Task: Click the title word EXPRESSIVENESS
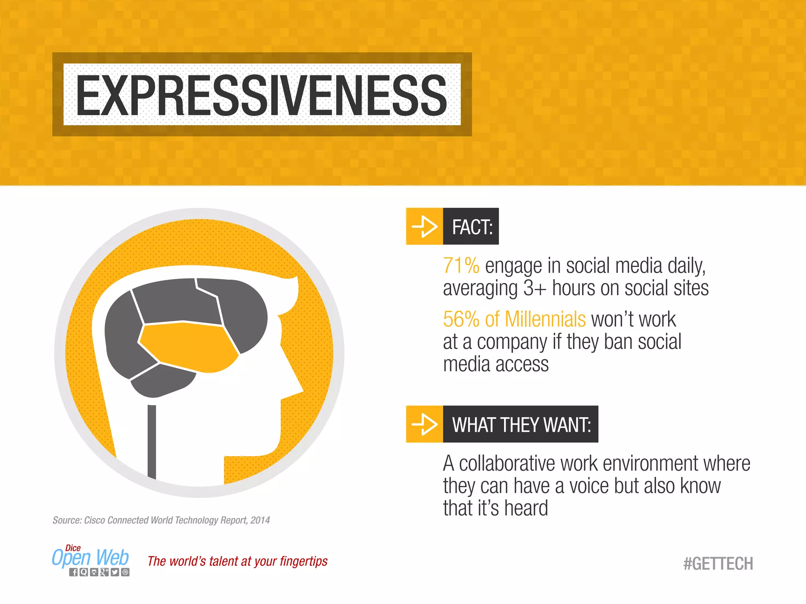[262, 96]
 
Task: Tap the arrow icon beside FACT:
[424, 226]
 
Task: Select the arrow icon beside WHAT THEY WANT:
[424, 424]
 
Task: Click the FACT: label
[472, 227]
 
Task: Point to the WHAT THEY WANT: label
[521, 425]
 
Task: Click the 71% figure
[461, 265]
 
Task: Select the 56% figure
[461, 319]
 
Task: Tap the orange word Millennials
[545, 319]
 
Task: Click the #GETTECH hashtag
[718, 563]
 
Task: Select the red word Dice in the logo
[73, 548]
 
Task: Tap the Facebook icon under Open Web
[74, 572]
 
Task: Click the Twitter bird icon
[115, 572]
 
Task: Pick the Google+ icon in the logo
[104, 572]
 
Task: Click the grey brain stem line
[152, 440]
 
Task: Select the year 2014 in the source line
[260, 520]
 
